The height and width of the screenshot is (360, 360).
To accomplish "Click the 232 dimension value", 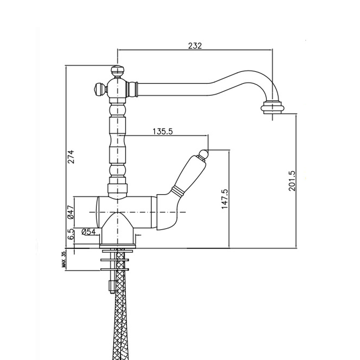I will (x=195, y=46).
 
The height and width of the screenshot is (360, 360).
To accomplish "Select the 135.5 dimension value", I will (x=163, y=131).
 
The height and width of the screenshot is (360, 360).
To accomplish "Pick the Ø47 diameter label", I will (x=71, y=212).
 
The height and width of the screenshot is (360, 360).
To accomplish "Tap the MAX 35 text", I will (x=64, y=260).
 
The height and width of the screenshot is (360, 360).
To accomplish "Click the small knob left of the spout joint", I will (x=100, y=88).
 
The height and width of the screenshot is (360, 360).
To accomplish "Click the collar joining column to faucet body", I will (x=118, y=189).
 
